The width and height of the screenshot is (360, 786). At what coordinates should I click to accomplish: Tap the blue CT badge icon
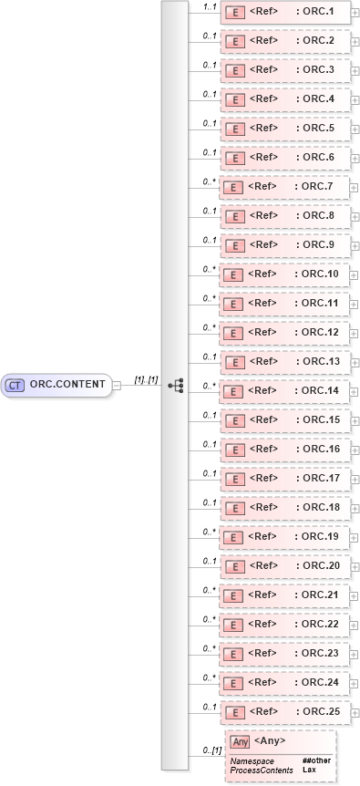click(15, 385)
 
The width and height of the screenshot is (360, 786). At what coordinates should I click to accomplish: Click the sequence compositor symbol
click(176, 386)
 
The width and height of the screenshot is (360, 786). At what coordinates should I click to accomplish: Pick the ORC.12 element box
click(285, 333)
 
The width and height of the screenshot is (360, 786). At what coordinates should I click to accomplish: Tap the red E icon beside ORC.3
click(233, 70)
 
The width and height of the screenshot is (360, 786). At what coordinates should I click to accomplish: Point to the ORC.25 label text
click(320, 711)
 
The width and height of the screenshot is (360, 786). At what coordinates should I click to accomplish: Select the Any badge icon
click(240, 741)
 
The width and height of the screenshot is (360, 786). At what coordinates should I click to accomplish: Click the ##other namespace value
click(316, 760)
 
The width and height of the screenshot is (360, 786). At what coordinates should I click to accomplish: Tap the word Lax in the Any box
click(310, 770)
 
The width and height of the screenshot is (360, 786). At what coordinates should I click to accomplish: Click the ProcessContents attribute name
click(262, 770)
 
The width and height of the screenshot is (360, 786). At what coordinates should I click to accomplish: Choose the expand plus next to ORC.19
click(355, 537)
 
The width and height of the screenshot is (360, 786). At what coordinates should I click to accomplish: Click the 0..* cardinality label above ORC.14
click(209, 385)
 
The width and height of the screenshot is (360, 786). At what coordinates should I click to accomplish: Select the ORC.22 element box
click(285, 625)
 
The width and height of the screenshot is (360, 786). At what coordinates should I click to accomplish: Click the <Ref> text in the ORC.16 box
click(262, 449)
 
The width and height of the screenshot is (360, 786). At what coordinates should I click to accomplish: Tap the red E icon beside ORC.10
click(233, 274)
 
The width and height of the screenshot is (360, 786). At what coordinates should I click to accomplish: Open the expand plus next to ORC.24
click(355, 683)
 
